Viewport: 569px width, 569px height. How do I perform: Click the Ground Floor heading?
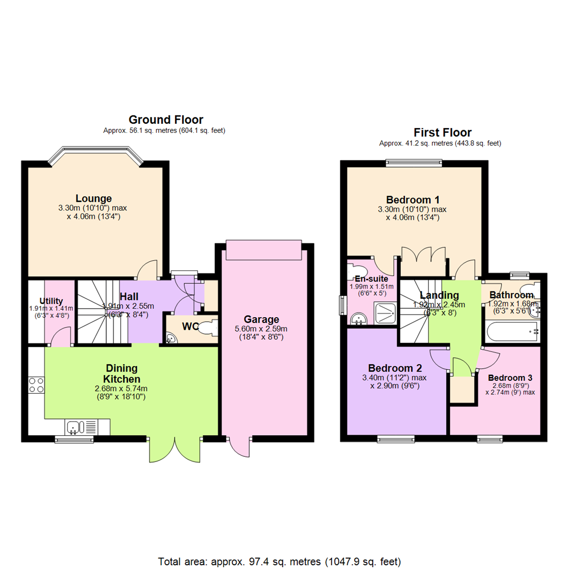pyautogui.click(x=165, y=120)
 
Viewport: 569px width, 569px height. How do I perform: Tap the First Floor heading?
pyautogui.click(x=442, y=132)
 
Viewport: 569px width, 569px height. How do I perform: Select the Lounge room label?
pyautogui.click(x=94, y=199)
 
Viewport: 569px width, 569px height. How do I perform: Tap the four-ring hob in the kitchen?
pyautogui.click(x=37, y=385)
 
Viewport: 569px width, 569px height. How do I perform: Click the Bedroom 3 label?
pyautogui.click(x=510, y=378)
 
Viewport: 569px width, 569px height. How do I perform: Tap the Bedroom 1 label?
pyautogui.click(x=413, y=200)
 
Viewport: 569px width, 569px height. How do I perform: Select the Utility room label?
pyautogui.click(x=51, y=301)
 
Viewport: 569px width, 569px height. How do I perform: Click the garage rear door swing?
pyautogui.click(x=240, y=447)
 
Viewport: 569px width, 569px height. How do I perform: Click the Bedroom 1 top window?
pyautogui.click(x=414, y=163)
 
